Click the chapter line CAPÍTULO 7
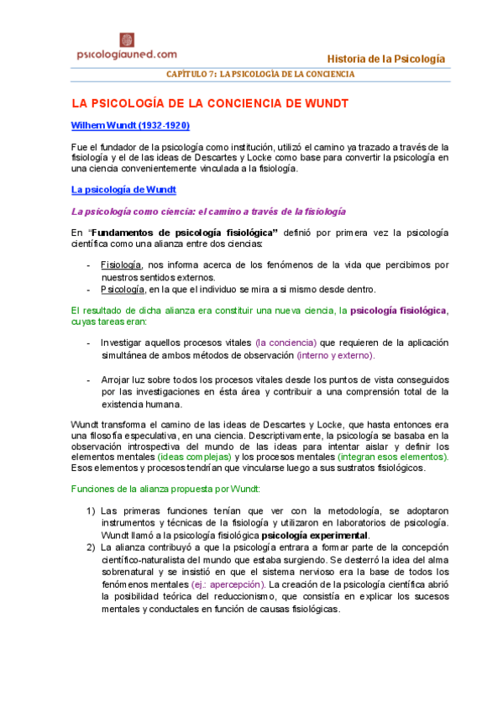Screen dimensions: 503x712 [x=271, y=74]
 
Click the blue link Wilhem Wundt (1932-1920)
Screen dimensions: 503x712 [x=130, y=126]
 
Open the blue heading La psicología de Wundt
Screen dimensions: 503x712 [x=123, y=190]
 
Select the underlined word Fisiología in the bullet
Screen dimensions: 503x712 [x=121, y=264]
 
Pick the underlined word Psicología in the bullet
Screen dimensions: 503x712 [x=123, y=289]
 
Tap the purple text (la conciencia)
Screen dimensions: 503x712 [x=286, y=343]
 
